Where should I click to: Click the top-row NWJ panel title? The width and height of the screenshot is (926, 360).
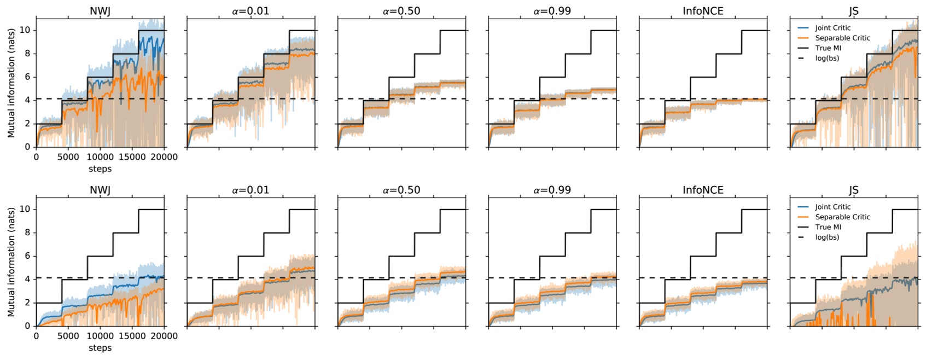100,11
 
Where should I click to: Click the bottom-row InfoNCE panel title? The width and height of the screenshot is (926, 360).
703,190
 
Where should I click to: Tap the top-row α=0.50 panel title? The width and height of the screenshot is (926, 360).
401,11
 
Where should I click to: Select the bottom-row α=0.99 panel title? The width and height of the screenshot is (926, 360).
552,190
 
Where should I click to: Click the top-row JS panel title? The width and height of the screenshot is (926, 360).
853,11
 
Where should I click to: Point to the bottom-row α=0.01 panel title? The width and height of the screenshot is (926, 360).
251,190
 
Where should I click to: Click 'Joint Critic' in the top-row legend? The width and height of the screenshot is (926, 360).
832,28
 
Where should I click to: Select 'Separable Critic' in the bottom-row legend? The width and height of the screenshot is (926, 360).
842,217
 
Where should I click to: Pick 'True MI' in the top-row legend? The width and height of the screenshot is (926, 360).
828,48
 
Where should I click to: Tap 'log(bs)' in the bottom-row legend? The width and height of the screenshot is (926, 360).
827,237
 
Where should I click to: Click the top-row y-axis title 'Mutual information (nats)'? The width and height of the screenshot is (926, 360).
11,83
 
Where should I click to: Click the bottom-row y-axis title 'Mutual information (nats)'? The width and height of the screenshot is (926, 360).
11,262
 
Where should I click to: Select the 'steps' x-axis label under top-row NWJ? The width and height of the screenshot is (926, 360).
100,169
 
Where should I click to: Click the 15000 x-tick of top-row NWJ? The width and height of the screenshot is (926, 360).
132,157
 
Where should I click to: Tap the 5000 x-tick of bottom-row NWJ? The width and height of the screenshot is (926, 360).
68,336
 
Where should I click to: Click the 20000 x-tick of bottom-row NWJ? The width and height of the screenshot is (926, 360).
164,336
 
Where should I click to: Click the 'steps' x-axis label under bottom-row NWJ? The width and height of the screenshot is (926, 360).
100,347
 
